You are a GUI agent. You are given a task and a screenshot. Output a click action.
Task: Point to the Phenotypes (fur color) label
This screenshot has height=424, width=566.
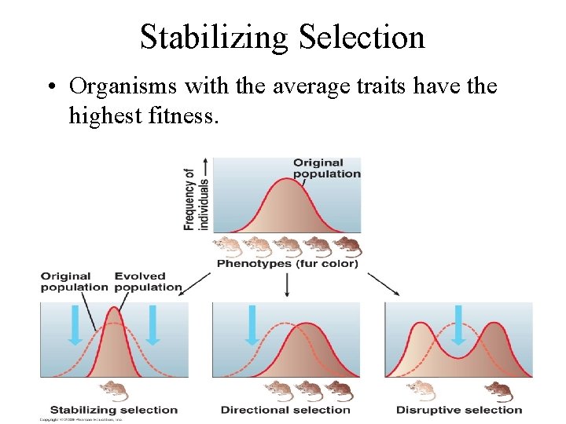click(287, 264)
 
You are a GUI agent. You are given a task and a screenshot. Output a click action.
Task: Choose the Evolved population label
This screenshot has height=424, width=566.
click(146, 281)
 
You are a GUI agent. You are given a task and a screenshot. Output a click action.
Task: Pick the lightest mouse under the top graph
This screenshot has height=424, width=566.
click(229, 247)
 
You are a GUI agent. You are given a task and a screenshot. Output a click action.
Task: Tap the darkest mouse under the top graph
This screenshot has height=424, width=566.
click(347, 247)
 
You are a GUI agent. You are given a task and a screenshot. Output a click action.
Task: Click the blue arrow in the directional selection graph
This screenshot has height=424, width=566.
click(252, 325)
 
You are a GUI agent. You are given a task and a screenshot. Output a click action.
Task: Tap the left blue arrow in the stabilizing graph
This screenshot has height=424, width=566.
click(75, 325)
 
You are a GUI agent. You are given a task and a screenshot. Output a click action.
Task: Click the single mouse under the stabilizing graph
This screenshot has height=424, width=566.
click(115, 390)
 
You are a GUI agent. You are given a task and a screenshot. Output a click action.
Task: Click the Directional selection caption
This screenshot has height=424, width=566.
click(285, 410)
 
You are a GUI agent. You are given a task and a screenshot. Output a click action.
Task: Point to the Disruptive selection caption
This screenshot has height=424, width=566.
click(459, 410)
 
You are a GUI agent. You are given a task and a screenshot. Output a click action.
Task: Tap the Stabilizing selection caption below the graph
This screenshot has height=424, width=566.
click(114, 410)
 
